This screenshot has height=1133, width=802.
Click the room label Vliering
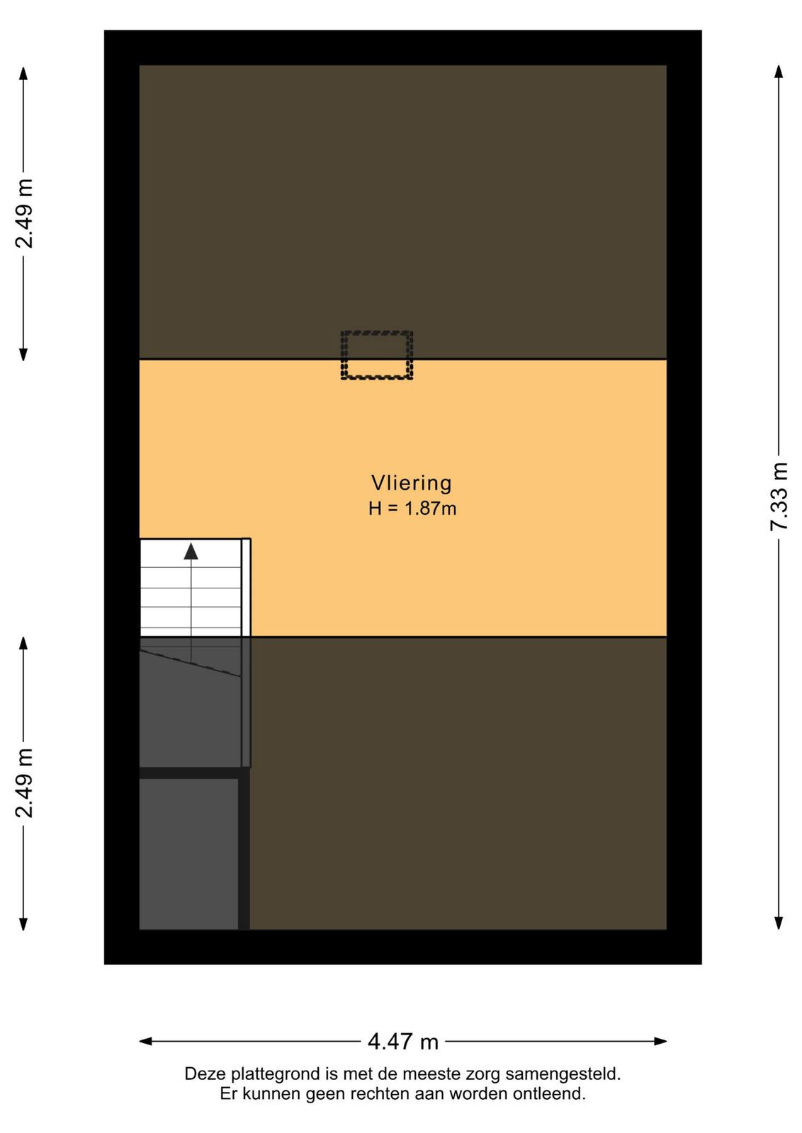(411, 483)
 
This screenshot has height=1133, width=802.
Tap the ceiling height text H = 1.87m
(412, 508)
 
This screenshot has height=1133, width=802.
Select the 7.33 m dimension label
(779, 496)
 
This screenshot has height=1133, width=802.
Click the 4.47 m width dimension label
(402, 1042)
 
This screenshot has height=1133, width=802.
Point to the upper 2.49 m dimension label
(24, 213)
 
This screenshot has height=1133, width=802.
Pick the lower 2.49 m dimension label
(24, 783)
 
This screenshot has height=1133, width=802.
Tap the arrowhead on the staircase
(191, 552)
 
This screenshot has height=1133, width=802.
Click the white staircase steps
(191, 588)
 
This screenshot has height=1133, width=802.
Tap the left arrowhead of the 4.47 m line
(146, 1042)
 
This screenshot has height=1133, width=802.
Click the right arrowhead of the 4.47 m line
(660, 1042)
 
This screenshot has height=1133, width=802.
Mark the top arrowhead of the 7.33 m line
(779, 72)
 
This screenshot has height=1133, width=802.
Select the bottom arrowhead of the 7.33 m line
(779, 923)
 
